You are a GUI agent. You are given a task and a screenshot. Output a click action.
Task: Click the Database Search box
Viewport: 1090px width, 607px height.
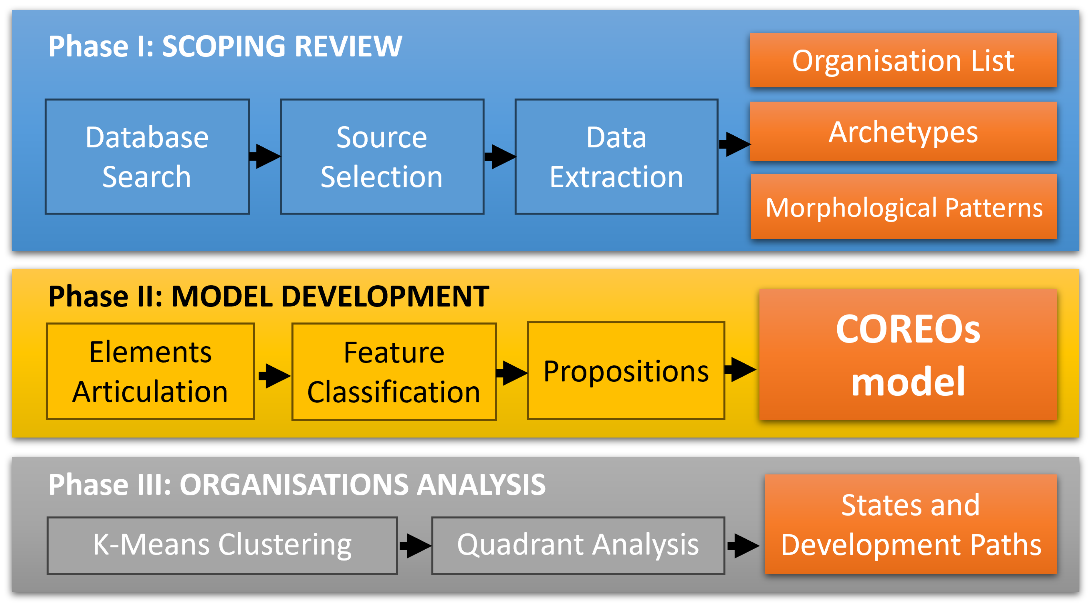[147, 157]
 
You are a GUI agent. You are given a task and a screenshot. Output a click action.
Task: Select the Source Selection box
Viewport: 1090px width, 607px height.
[382, 157]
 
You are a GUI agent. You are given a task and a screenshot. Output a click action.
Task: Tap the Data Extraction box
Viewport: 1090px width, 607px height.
[616, 157]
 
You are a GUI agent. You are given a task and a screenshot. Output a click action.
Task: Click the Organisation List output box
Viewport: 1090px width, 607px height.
[903, 60]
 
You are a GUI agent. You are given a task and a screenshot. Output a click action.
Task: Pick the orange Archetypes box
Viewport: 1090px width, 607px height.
[903, 132]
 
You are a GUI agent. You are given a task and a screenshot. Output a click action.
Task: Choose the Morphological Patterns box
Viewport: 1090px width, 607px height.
[904, 207]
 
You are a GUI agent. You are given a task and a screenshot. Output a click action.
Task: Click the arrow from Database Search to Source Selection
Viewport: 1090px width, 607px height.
[265, 156]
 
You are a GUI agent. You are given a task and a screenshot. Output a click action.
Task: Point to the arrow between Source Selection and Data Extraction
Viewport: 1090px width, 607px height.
[500, 157]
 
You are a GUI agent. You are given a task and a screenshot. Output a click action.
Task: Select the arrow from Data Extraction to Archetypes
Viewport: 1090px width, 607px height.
[735, 144]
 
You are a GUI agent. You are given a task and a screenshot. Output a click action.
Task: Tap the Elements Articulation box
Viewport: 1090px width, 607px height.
[150, 371]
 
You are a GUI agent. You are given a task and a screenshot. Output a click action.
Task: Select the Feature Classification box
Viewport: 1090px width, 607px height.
[394, 372]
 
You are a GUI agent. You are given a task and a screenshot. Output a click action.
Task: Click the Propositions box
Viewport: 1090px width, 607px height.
[626, 371]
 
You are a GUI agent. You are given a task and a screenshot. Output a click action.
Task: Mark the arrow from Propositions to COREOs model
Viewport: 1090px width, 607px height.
[741, 369]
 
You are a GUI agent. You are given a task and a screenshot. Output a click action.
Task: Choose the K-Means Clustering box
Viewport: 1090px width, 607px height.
[222, 545]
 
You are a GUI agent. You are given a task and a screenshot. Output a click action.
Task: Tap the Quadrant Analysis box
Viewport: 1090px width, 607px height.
[578, 545]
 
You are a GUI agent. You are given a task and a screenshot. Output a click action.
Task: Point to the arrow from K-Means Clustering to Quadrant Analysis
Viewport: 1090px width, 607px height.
[415, 546]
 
